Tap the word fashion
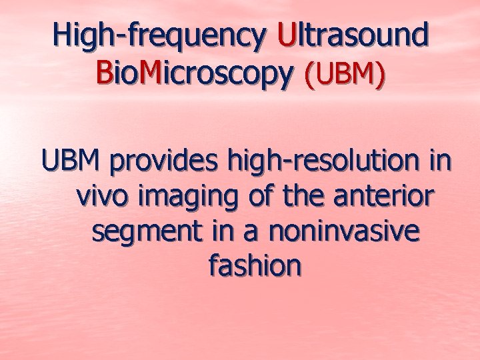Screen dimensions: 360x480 point(255,265)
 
